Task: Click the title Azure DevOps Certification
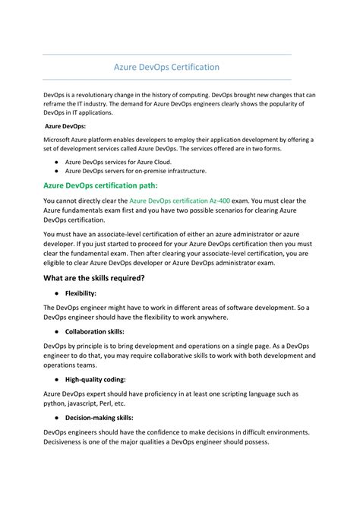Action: tap(166, 67)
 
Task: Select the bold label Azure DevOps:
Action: tap(65, 126)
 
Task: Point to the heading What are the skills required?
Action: tap(93, 277)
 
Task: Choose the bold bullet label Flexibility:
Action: tap(91, 292)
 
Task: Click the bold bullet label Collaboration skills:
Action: tap(106, 332)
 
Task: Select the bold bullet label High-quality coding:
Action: tap(106, 379)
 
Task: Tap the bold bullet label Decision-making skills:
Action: tap(110, 418)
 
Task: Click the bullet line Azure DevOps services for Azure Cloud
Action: tap(118, 162)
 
